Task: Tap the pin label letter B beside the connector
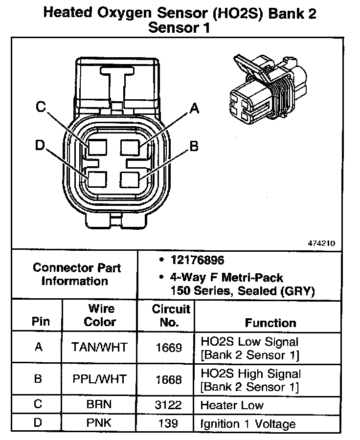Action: (194, 146)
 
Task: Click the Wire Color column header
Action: (100, 315)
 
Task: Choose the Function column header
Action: (270, 323)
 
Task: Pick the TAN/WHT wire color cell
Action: (99, 347)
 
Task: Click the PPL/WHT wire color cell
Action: (99, 379)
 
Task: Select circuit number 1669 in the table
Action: (169, 347)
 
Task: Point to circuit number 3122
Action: (169, 405)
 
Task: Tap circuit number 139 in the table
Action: (169, 423)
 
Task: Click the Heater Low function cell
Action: (232, 405)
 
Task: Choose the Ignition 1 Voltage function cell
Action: (248, 423)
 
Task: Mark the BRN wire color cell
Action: (99, 405)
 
